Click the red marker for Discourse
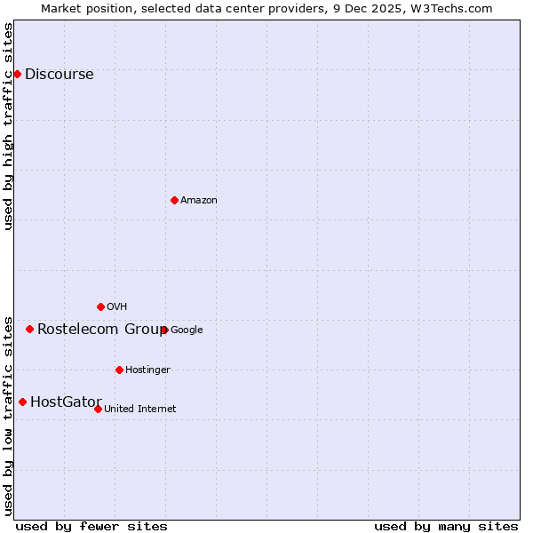pos(17,74)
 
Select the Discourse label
pos(59,75)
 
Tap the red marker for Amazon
pos(174,200)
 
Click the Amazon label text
pos(198,201)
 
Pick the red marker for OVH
pos(100,306)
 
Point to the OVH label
pos(116,307)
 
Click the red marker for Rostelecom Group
pos(29,329)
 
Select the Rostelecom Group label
pos(101,330)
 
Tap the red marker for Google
pos(164,330)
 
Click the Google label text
pos(187,330)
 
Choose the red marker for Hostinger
pos(119,370)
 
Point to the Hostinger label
pos(147,370)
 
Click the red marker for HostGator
pos(22,402)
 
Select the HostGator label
pos(66,402)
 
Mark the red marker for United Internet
pos(98,409)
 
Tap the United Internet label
pos(139,410)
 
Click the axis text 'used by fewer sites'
pos(91,527)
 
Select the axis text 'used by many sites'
pos(446,527)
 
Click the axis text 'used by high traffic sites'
pos(9,125)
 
